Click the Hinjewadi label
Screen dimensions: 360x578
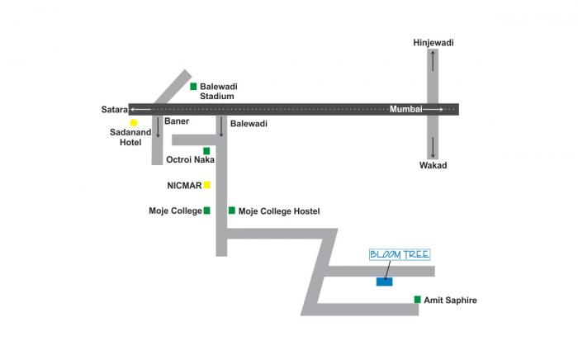433,42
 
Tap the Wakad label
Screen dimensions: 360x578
433,165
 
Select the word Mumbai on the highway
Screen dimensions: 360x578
406,109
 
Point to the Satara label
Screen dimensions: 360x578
114,109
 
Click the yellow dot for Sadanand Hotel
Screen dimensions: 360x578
133,122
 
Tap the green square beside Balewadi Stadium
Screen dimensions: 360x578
193,86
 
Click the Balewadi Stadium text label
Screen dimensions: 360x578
217,91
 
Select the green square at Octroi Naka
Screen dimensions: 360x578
206,150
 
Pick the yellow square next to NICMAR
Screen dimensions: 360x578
207,184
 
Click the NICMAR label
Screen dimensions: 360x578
184,185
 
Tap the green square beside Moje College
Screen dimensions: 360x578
206,211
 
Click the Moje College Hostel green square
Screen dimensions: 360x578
232,211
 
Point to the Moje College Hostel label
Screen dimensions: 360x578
279,211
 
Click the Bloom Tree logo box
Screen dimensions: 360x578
400,254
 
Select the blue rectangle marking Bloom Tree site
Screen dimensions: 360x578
384,282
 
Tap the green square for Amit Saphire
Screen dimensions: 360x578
418,300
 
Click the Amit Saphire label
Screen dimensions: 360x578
450,301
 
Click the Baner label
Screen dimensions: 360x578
177,121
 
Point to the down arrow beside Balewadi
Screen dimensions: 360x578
221,126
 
